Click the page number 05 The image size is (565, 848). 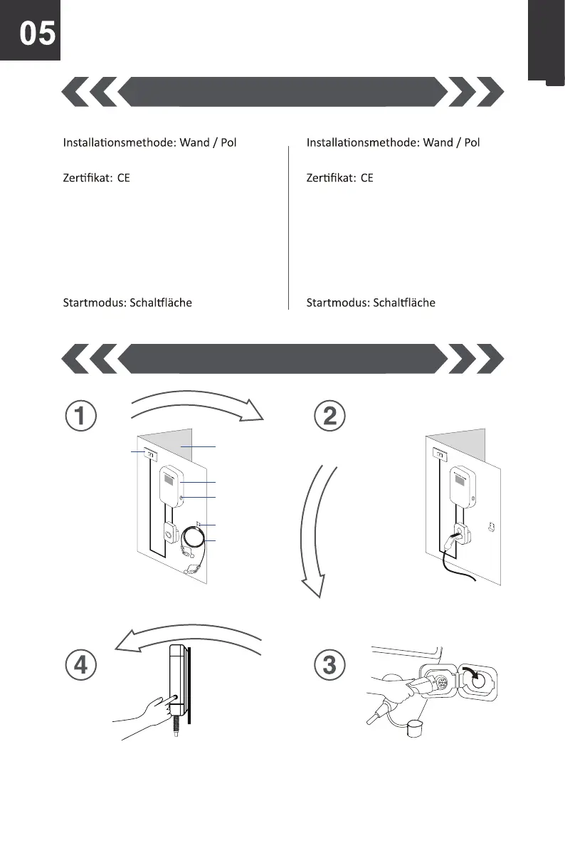(x=36, y=33)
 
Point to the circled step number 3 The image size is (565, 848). (x=329, y=665)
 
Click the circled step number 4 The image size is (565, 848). (x=82, y=665)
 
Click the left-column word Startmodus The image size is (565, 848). (x=93, y=303)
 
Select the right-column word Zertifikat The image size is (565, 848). (x=331, y=177)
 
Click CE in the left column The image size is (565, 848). (x=124, y=177)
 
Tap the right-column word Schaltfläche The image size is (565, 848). (x=404, y=303)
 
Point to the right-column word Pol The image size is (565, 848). (x=470, y=142)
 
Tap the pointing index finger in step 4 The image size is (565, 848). (x=169, y=699)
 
